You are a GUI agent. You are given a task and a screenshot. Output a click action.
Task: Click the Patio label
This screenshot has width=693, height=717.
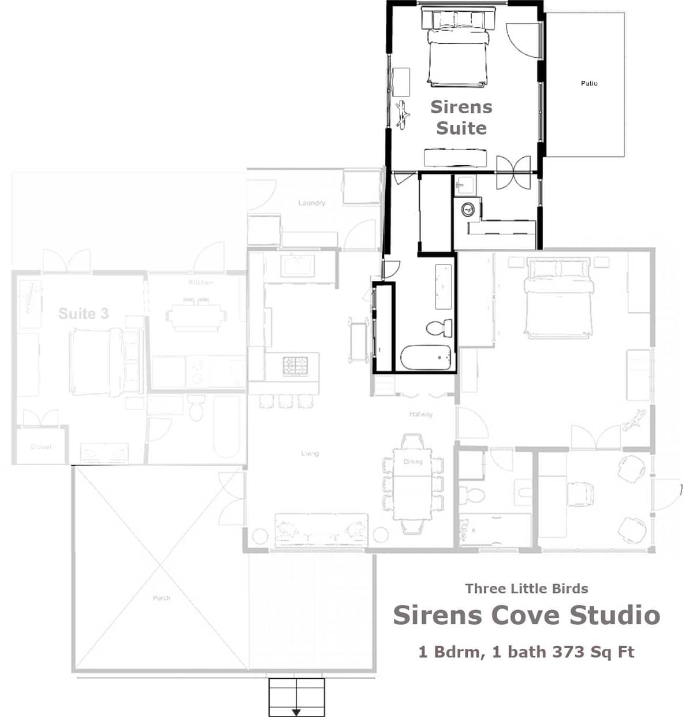point(589,83)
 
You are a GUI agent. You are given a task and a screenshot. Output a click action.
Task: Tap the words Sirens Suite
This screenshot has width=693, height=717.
point(461,117)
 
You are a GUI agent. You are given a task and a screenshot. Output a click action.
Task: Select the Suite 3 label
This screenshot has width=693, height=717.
point(83,314)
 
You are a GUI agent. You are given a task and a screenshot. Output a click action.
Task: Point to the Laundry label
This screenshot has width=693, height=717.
point(312,203)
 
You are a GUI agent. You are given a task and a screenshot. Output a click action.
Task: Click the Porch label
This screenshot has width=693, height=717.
point(162,597)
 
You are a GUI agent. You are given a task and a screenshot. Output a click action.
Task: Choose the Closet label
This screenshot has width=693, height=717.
point(40,447)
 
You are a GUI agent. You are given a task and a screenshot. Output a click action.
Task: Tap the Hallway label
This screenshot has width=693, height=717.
point(420,414)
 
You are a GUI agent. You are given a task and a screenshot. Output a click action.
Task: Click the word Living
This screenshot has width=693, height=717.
point(310,454)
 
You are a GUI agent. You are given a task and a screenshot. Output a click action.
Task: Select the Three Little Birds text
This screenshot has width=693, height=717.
point(527,589)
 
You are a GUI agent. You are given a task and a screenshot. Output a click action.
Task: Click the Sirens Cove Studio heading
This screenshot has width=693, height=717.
point(526,615)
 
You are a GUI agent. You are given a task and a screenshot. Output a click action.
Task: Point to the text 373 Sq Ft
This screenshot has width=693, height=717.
point(593,652)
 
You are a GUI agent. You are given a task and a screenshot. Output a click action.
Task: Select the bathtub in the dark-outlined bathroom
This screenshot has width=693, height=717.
point(426,358)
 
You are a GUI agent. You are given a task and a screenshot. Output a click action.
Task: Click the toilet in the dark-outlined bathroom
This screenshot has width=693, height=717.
point(439,328)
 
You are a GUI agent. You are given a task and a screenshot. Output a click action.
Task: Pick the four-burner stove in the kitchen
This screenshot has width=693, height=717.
point(295,365)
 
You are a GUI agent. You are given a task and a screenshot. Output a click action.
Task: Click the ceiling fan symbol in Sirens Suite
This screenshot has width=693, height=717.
point(403,114)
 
